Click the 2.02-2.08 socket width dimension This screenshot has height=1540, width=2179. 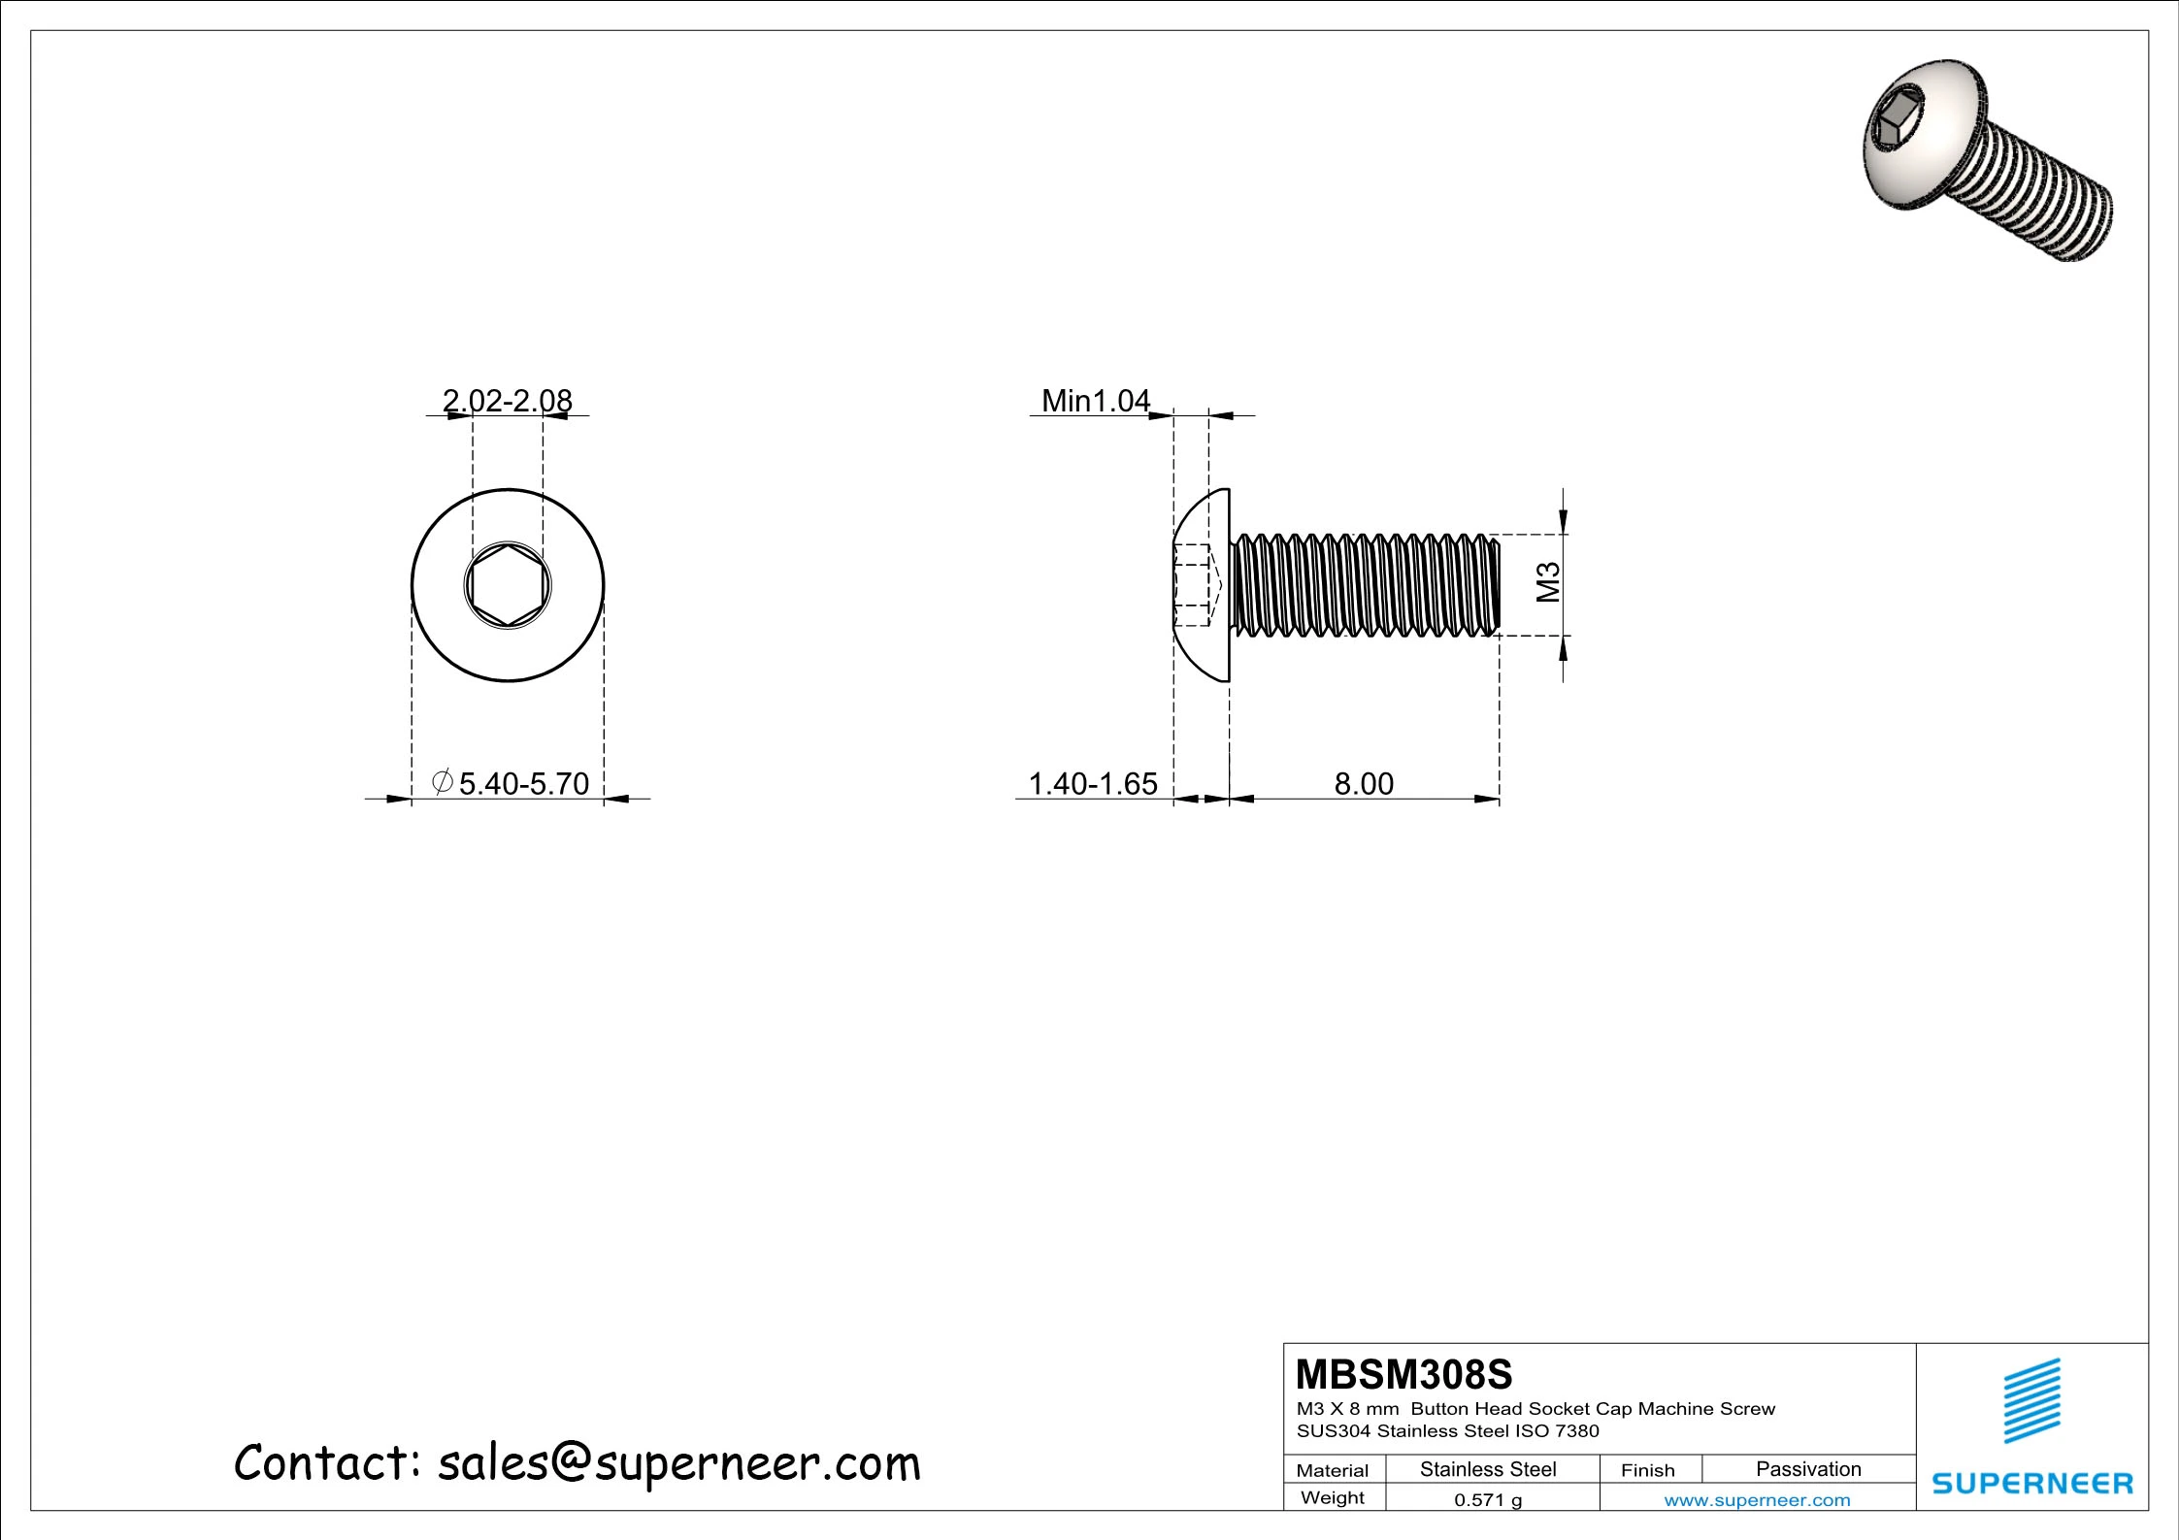[507, 400]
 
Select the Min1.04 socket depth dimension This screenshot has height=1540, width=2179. [1095, 400]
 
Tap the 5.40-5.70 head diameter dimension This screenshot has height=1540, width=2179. [523, 783]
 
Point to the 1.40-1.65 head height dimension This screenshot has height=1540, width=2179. [1092, 783]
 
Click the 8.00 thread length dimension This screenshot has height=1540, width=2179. [1363, 783]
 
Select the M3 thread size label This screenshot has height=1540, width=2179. [1549, 582]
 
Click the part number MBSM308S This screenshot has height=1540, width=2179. [1403, 1374]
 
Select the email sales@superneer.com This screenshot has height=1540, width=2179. [677, 1462]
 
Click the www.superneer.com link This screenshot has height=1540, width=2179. [1757, 1500]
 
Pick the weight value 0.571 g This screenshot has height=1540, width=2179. [1487, 1500]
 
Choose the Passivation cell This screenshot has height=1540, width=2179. [1808, 1469]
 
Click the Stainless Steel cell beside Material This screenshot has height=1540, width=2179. [1487, 1469]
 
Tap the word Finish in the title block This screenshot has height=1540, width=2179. [1647, 1470]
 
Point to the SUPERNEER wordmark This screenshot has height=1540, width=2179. [2032, 1483]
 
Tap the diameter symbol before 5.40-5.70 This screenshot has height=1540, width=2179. [442, 781]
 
